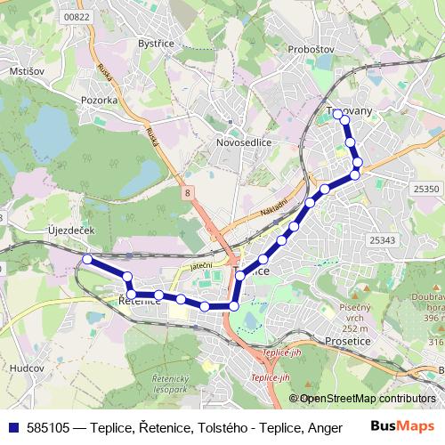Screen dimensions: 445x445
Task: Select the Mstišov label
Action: click(26, 70)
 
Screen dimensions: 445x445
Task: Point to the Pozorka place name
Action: click(99, 101)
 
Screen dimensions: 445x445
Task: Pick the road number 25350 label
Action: click(426, 189)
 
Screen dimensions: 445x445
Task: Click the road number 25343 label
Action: click(380, 240)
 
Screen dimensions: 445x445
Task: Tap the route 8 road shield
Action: click(189, 191)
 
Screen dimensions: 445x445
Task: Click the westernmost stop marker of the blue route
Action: click(87, 259)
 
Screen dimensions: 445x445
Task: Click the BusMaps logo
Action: click(401, 427)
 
